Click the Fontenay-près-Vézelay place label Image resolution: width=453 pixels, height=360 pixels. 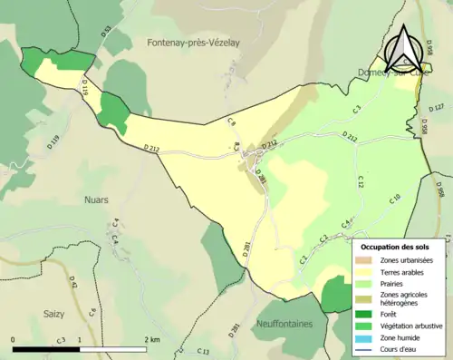tap(192, 42)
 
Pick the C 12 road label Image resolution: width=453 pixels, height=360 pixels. tap(359, 180)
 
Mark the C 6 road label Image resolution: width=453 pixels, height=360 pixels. tap(92, 313)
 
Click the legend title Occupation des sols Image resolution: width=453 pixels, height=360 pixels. tap(397, 247)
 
